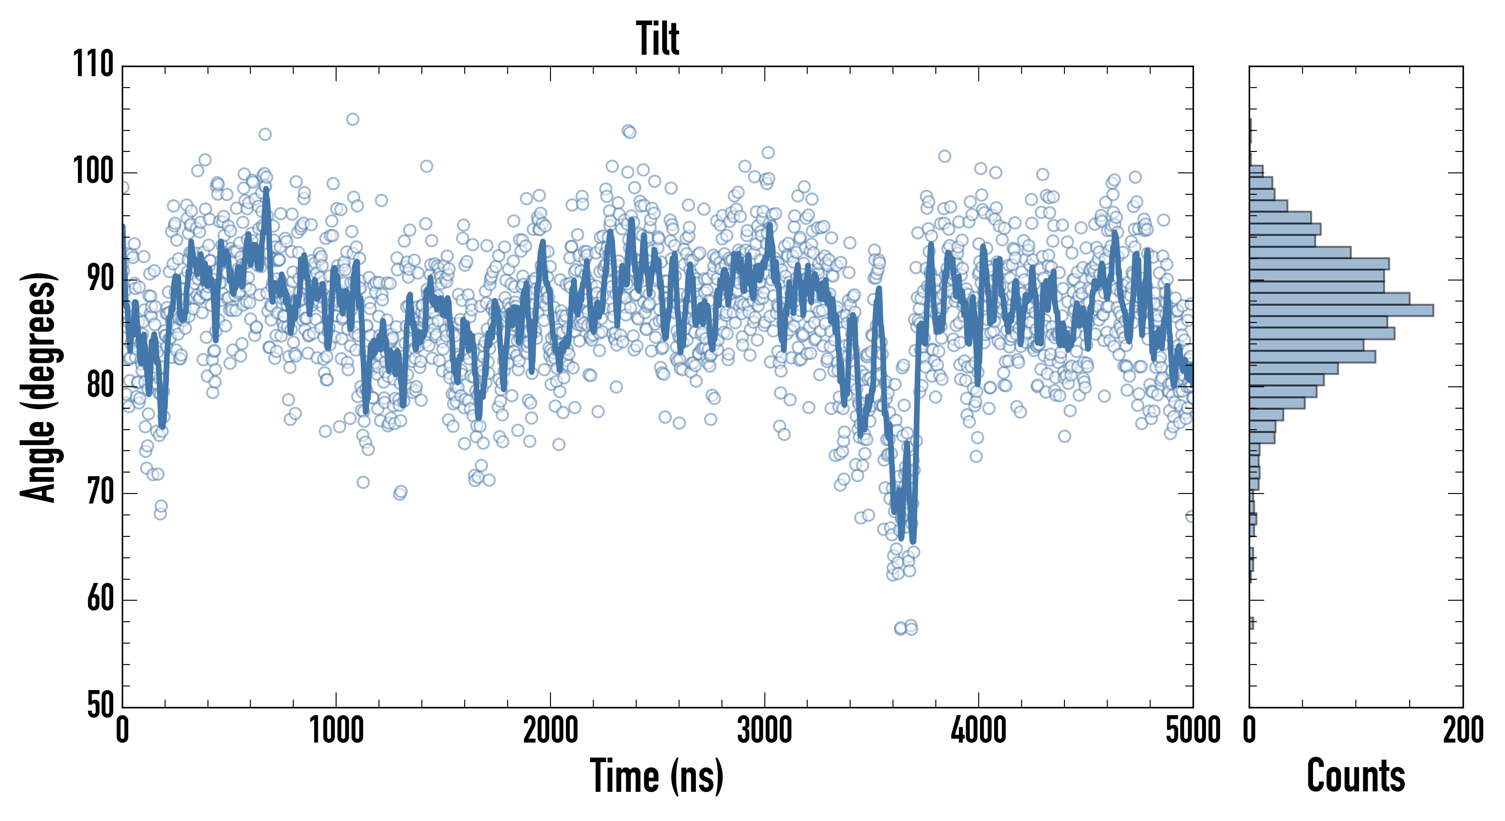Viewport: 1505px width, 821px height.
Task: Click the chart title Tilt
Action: point(657,39)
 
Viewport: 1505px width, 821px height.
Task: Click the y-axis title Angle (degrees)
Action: point(39,387)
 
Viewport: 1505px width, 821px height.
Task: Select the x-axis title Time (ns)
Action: point(657,776)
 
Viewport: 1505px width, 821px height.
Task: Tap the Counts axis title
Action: point(1355,776)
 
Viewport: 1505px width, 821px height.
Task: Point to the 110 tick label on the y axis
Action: point(93,64)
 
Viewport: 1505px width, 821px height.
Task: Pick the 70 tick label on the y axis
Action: point(100,492)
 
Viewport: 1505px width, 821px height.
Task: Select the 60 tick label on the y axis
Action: point(100,599)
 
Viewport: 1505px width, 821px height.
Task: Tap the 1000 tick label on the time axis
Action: point(336,730)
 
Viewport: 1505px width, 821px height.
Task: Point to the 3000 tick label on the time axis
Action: point(764,730)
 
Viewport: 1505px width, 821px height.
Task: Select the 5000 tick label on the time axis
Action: point(1192,730)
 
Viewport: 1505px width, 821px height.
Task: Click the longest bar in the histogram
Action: point(1341,310)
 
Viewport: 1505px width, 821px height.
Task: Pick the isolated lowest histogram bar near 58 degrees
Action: point(1251,624)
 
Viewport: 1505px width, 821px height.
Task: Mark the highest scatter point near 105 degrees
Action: point(352,119)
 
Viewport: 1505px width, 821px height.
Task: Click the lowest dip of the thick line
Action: point(913,541)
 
